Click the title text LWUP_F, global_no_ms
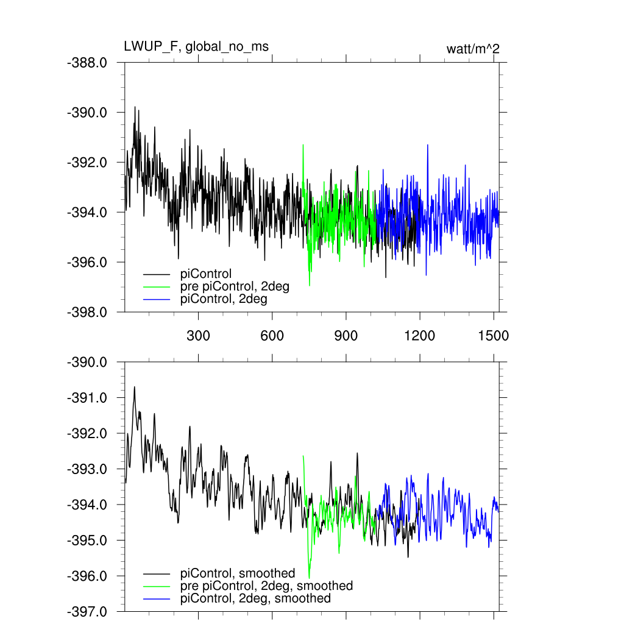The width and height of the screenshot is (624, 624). click(x=196, y=47)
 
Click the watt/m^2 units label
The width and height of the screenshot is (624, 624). click(x=473, y=49)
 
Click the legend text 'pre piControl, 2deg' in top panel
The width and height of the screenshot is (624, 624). click(x=235, y=286)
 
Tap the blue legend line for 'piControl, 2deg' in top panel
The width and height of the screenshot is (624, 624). click(x=157, y=300)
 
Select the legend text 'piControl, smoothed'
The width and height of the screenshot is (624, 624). click(x=238, y=573)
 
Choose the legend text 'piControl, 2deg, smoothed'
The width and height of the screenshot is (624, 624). click(x=255, y=598)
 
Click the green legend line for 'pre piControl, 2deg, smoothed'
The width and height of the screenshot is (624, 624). click(x=157, y=586)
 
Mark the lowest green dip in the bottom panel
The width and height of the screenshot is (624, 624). click(x=309, y=577)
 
